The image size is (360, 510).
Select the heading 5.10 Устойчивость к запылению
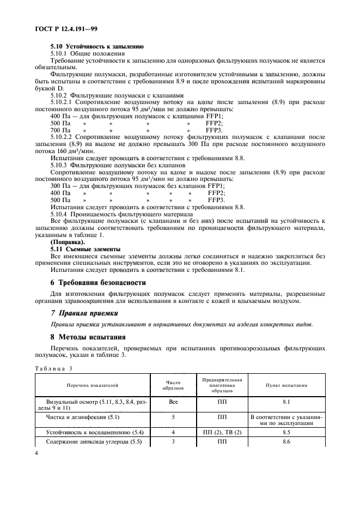89,47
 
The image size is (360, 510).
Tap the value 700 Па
60,130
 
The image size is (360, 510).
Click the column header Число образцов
171,386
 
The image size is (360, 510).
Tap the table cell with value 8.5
286,432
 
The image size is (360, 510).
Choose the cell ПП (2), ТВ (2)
222,432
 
